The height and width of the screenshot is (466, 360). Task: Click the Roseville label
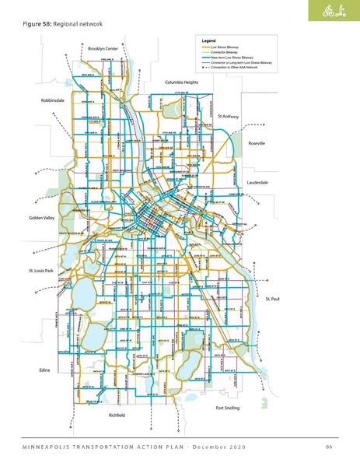tap(257, 144)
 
